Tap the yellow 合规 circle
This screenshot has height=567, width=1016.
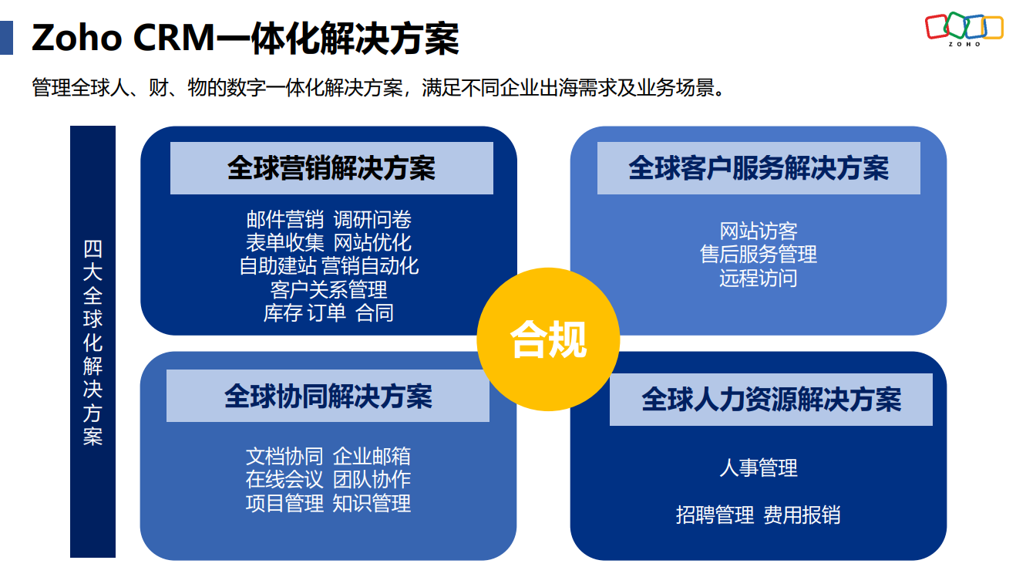[548, 339]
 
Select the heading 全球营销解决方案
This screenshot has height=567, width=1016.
[331, 168]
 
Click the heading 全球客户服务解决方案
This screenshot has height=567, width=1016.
[759, 168]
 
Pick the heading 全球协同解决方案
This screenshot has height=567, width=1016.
[328, 396]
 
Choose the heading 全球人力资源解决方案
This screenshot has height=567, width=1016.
[771, 400]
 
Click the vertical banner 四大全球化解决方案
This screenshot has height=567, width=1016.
[93, 342]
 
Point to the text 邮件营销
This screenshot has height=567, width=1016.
[285, 220]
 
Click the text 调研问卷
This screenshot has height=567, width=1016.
[372, 220]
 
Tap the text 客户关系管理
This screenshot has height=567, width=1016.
[328, 289]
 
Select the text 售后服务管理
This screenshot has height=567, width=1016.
[759, 255]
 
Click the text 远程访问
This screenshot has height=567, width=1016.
[759, 278]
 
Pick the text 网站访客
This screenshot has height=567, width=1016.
[759, 231]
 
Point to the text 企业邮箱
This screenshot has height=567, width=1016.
[372, 456]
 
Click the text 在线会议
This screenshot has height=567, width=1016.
[284, 479]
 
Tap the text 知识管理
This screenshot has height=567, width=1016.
[372, 503]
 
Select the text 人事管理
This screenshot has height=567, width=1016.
[759, 467]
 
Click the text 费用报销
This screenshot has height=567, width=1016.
[802, 515]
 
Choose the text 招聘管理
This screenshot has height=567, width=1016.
[715, 515]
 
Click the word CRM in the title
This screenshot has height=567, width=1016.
[173, 38]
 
